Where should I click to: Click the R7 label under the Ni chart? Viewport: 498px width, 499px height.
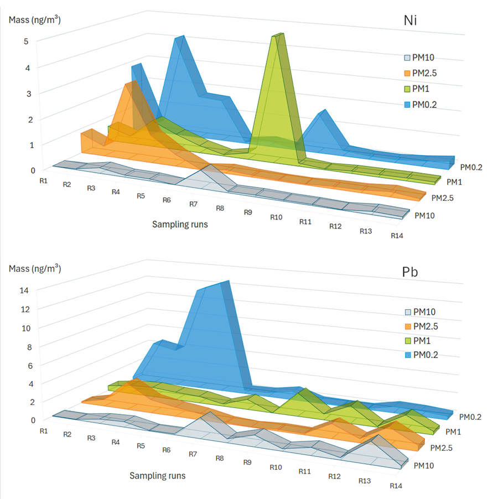coord(194,204)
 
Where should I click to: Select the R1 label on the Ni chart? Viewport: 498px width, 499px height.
coord(43,180)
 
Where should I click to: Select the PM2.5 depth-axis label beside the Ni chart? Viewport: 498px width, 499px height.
coord(443,197)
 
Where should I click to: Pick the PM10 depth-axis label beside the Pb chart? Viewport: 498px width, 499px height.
coord(424,466)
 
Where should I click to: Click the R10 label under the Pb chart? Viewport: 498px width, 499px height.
coord(277,467)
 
